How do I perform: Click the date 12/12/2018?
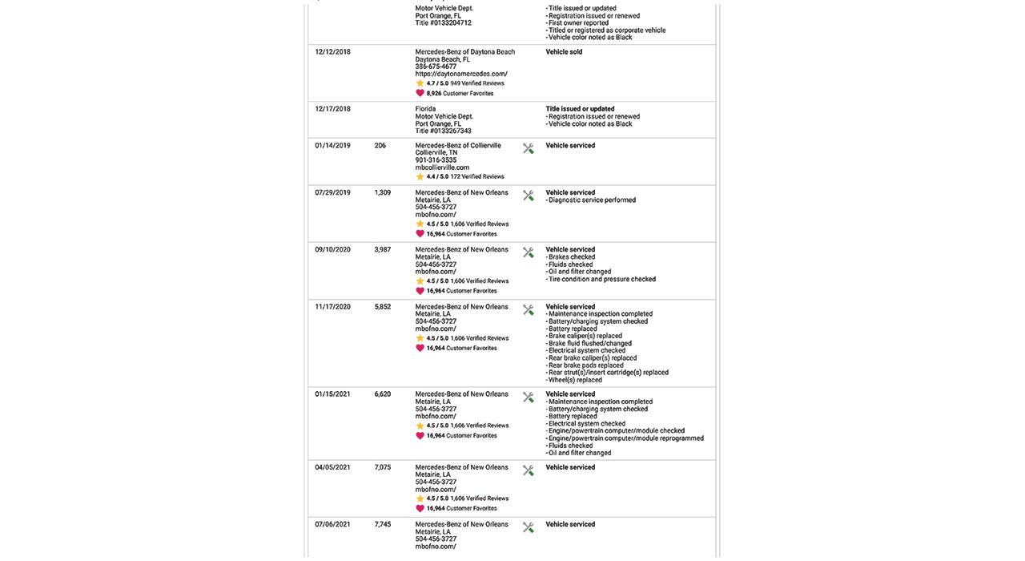[332, 52]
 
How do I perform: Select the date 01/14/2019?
[332, 146]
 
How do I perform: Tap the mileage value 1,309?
[383, 193]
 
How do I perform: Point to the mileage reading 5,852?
[383, 307]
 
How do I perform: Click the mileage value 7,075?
[383, 468]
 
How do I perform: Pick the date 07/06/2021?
[332, 525]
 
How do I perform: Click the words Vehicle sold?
[564, 52]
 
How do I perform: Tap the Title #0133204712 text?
[443, 23]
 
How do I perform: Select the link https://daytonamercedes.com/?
[460, 74]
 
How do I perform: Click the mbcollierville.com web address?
[442, 167]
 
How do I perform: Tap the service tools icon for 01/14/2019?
[529, 148]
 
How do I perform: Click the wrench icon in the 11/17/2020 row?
[529, 309]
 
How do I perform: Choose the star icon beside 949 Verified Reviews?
[420, 83]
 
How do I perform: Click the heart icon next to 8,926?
[420, 93]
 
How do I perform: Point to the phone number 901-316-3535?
[436, 160]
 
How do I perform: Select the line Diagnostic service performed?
[593, 200]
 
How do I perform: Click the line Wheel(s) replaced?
[575, 380]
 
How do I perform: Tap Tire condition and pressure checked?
[602, 280]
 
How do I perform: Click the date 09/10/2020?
[332, 250]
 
